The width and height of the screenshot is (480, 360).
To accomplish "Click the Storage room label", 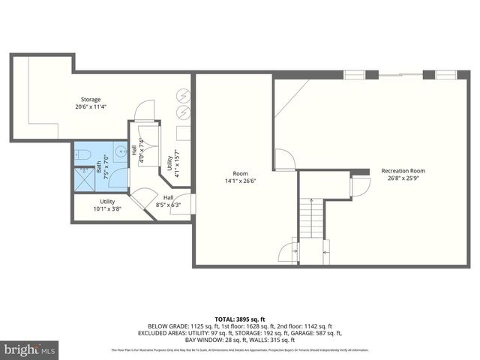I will pyautogui.click(x=91, y=100).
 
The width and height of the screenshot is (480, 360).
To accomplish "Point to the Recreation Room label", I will pyautogui.click(x=408, y=171).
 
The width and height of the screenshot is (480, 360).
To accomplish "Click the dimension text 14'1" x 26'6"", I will pyautogui.click(x=240, y=180).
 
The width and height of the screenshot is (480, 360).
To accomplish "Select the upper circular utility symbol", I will pyautogui.click(x=183, y=95).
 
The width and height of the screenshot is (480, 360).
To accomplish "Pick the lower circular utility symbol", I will pyautogui.click(x=182, y=112).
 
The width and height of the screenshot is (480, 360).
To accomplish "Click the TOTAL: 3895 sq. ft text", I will pyautogui.click(x=239, y=319).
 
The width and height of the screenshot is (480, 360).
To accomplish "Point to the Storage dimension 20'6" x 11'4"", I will pyautogui.click(x=91, y=106).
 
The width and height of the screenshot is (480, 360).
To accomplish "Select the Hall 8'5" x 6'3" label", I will pyautogui.click(x=168, y=201).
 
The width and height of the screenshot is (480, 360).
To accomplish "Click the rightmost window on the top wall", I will pyautogui.click(x=445, y=74).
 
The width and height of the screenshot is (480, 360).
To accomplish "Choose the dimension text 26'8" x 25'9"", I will pyautogui.click(x=408, y=178).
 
